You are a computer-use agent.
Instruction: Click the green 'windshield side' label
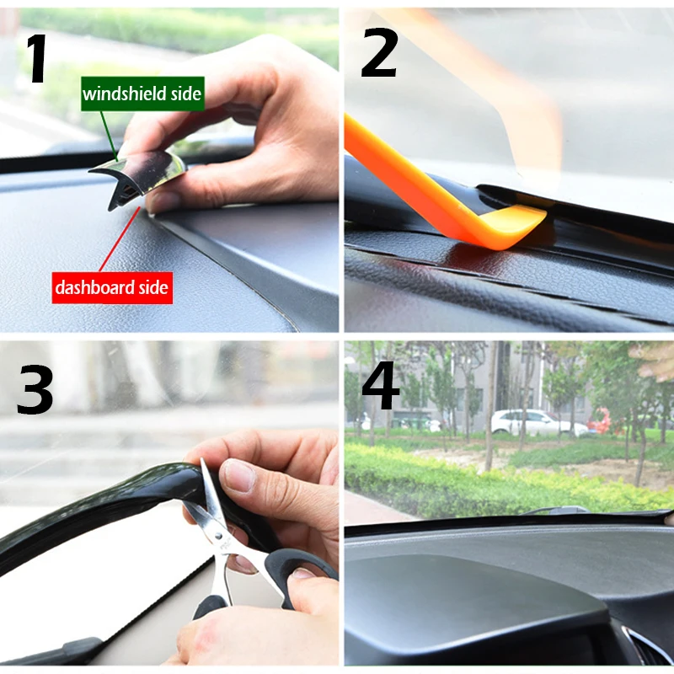pyautogui.click(x=142, y=94)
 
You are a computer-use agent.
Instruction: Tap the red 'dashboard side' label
pyautogui.click(x=112, y=287)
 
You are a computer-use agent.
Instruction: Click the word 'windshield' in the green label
pyautogui.click(x=124, y=94)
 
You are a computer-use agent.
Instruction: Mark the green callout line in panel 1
pyautogui.click(x=106, y=136)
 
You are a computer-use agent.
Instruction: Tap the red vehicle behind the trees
pyautogui.click(x=600, y=420)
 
